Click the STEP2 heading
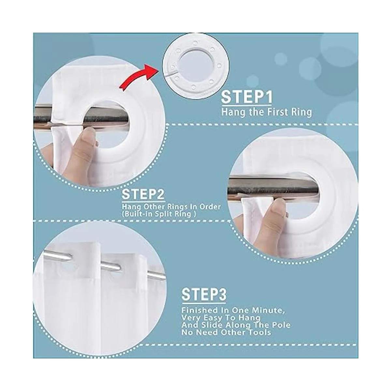(143, 194)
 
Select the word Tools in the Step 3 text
(260, 338)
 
